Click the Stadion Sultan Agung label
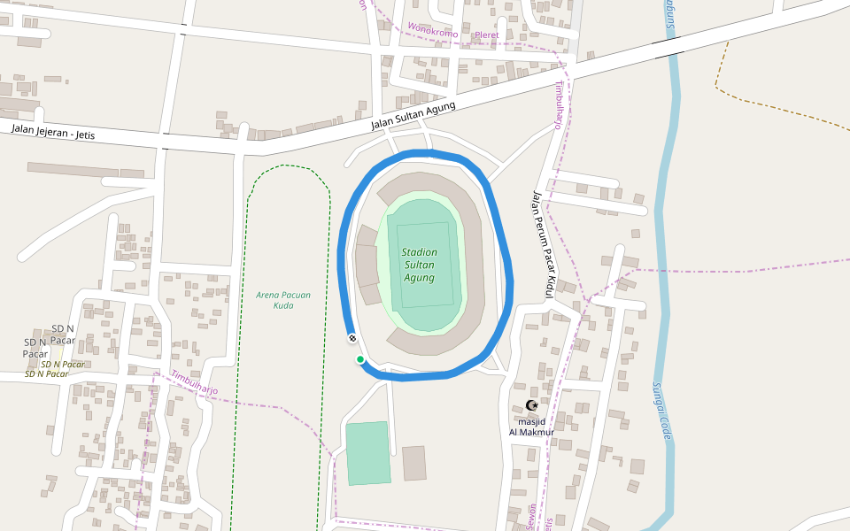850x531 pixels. pyautogui.click(x=419, y=265)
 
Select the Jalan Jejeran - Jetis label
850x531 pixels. pyautogui.click(x=53, y=132)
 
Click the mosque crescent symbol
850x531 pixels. pyautogui.click(x=531, y=405)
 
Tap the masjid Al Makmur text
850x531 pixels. pyautogui.click(x=531, y=427)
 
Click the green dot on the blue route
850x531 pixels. pyautogui.click(x=360, y=358)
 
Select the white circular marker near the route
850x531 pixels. pyautogui.click(x=352, y=338)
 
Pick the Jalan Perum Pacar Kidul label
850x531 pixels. pyautogui.click(x=543, y=245)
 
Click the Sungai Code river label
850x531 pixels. pyautogui.click(x=661, y=411)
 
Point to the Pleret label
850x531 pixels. pyautogui.click(x=487, y=35)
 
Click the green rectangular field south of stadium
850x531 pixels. pyautogui.click(x=367, y=453)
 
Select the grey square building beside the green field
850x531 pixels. pyautogui.click(x=413, y=463)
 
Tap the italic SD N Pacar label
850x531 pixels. pyautogui.click(x=62, y=364)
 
